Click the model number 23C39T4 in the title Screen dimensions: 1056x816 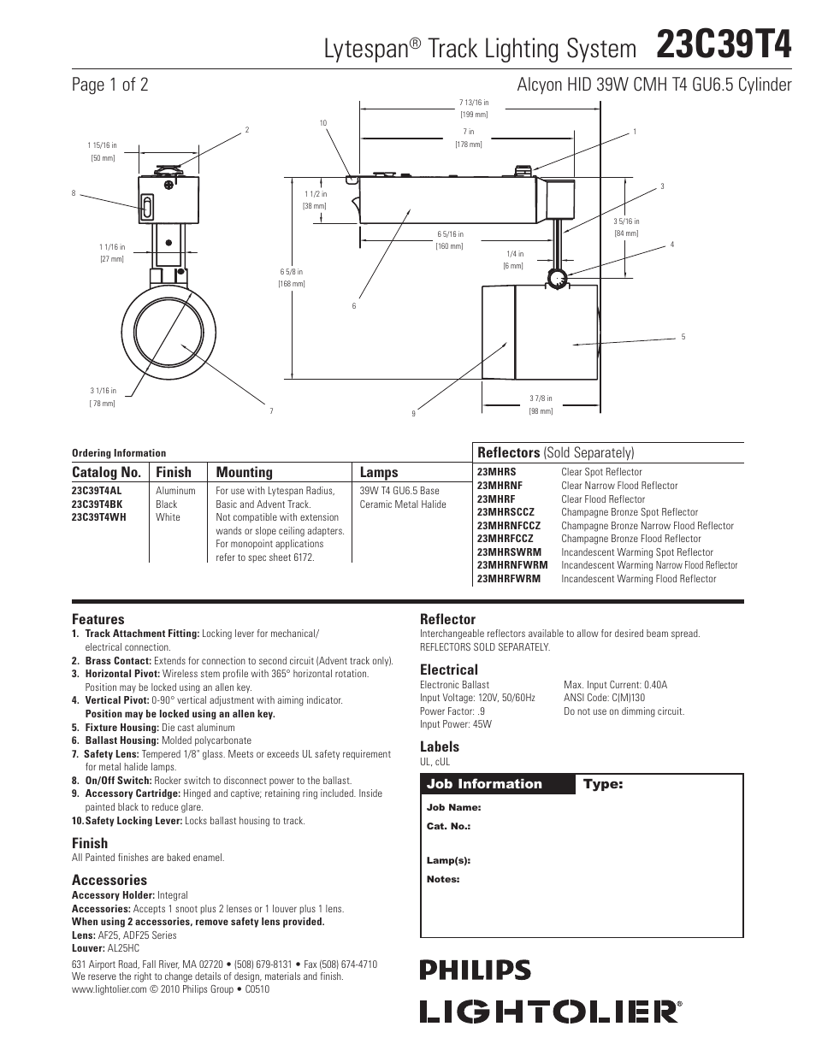(x=724, y=44)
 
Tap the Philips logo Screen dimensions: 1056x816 (x=475, y=970)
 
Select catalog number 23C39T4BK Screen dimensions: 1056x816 (x=97, y=504)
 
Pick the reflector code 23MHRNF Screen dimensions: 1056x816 (x=500, y=486)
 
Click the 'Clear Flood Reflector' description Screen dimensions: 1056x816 (x=603, y=499)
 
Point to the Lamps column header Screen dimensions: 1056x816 (x=379, y=472)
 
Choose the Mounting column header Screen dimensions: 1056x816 (x=244, y=472)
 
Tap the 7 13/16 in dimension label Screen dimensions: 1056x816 (x=474, y=103)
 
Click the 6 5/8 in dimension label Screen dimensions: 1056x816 (x=293, y=273)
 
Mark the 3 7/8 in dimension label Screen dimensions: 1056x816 (x=541, y=398)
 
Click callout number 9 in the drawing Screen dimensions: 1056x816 (x=413, y=414)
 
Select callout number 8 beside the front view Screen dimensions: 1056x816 (x=74, y=193)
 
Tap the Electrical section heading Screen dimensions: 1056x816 (x=448, y=670)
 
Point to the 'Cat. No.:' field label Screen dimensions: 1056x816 (x=448, y=826)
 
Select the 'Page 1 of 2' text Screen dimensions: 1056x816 (x=110, y=85)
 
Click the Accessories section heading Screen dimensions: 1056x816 (x=109, y=880)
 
